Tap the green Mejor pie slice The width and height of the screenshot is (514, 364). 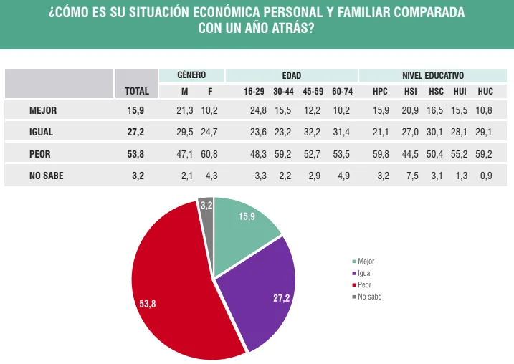(244, 229)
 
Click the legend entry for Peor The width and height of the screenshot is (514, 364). (365, 284)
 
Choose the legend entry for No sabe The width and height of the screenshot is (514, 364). (369, 296)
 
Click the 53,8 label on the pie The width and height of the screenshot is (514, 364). (148, 304)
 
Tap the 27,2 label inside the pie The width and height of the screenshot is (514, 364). (282, 298)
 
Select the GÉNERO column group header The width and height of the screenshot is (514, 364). (191, 75)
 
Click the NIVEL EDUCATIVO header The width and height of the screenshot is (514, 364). (433, 75)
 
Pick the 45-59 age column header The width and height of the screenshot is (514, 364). (313, 92)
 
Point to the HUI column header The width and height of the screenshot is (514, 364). (460, 92)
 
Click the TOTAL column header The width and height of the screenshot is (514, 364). (136, 92)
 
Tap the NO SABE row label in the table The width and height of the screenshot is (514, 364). (47, 176)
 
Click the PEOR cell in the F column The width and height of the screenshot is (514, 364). (210, 154)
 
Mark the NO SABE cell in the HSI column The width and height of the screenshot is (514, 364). (411, 176)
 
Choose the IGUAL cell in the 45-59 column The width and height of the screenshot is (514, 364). (313, 133)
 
